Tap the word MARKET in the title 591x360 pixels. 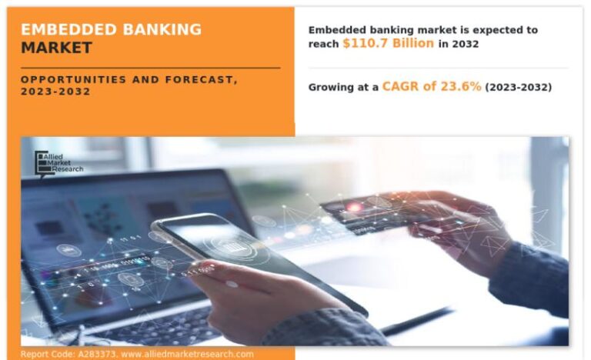[56, 48]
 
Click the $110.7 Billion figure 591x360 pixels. [389, 44]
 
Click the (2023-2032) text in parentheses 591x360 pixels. [518, 88]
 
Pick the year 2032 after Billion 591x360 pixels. [466, 45]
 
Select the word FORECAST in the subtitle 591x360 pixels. [198, 79]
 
